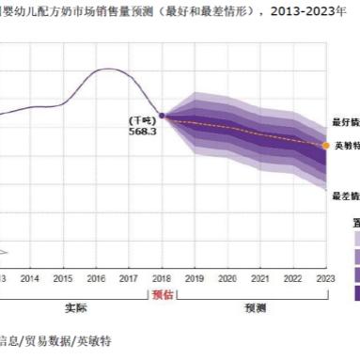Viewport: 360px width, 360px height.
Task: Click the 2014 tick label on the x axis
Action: click(x=29, y=278)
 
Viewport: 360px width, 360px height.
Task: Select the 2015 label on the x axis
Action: click(x=62, y=278)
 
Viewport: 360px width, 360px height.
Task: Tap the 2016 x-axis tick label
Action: click(x=95, y=278)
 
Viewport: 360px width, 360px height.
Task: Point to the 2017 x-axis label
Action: click(x=128, y=278)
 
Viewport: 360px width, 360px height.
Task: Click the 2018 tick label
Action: click(x=162, y=278)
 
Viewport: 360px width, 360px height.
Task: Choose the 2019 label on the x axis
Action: click(x=195, y=278)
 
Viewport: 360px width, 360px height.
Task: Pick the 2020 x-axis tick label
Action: click(x=227, y=278)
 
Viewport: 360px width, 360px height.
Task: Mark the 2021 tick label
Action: click(x=260, y=278)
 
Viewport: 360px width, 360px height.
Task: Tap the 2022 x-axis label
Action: click(x=293, y=278)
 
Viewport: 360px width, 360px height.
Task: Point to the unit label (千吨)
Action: click(x=141, y=120)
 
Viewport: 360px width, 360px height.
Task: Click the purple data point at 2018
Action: click(x=162, y=116)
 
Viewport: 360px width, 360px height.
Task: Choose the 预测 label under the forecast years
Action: click(x=255, y=307)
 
